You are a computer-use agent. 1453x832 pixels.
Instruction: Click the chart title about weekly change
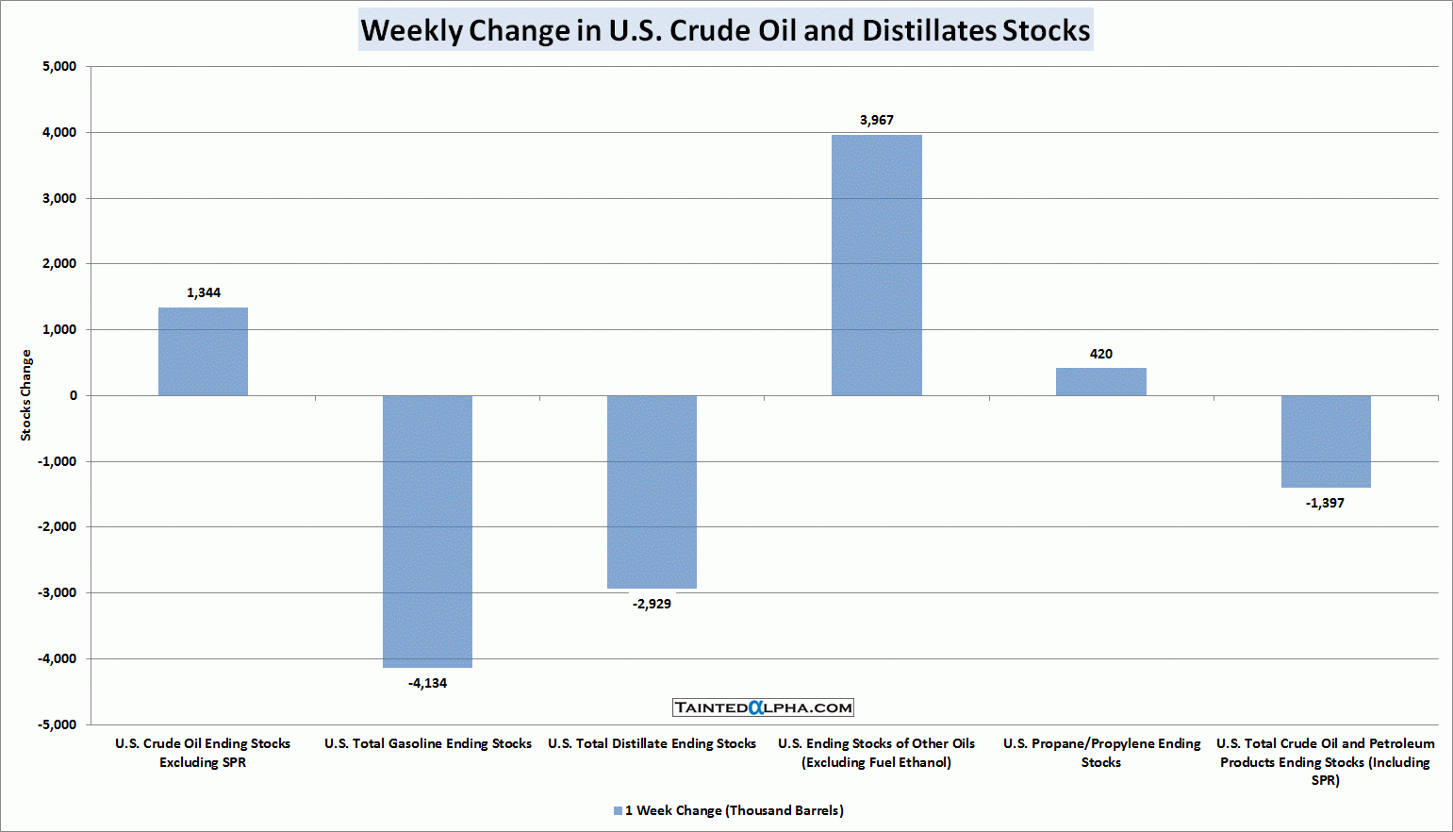pos(725,30)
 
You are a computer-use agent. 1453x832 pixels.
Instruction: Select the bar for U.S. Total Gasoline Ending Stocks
pos(427,531)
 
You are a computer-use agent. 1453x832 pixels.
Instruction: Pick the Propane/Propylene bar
pos(1100,381)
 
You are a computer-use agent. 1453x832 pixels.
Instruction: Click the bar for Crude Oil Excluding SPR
pos(203,351)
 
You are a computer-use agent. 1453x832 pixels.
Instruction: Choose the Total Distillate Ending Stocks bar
pos(652,491)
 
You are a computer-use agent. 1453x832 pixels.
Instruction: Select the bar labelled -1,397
pos(1325,441)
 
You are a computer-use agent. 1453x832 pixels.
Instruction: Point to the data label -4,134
pos(427,683)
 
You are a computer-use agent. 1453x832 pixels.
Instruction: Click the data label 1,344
pos(204,292)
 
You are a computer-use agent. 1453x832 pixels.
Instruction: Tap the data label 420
pos(1100,354)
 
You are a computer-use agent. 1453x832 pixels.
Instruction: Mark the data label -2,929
pos(652,604)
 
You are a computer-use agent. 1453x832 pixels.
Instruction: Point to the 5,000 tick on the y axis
pos(59,66)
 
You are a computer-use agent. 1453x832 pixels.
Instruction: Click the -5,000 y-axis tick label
pos(57,724)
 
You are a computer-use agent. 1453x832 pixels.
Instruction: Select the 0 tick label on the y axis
pos(73,395)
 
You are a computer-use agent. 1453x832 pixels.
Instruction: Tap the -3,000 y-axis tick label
pos(57,592)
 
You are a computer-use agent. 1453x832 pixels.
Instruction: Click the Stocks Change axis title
pos(26,394)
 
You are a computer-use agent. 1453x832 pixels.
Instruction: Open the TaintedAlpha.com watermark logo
pos(763,707)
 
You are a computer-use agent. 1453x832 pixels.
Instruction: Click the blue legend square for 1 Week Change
pos(618,810)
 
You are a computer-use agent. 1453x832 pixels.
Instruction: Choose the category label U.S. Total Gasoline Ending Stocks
pos(428,743)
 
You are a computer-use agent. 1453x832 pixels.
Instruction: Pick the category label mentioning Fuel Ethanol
pos(876,753)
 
